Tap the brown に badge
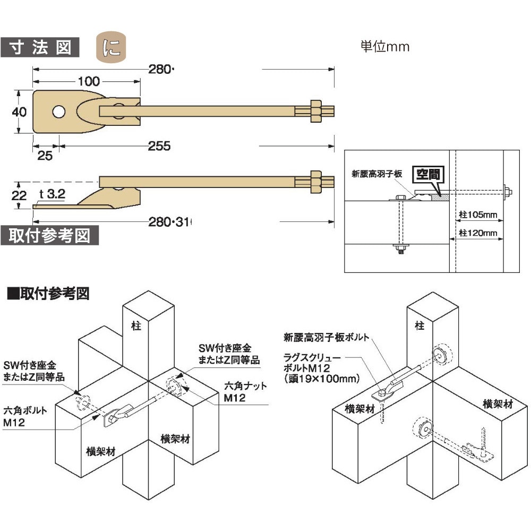coord(111,47)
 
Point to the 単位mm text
coord(385,47)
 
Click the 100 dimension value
coord(89,81)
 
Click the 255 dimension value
coord(159,145)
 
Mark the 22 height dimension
coord(19,195)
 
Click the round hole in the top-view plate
coord(58,112)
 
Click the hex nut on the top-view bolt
coord(314,111)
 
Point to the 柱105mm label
coord(478,215)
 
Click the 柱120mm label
coord(478,233)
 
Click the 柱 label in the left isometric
coord(136,326)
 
